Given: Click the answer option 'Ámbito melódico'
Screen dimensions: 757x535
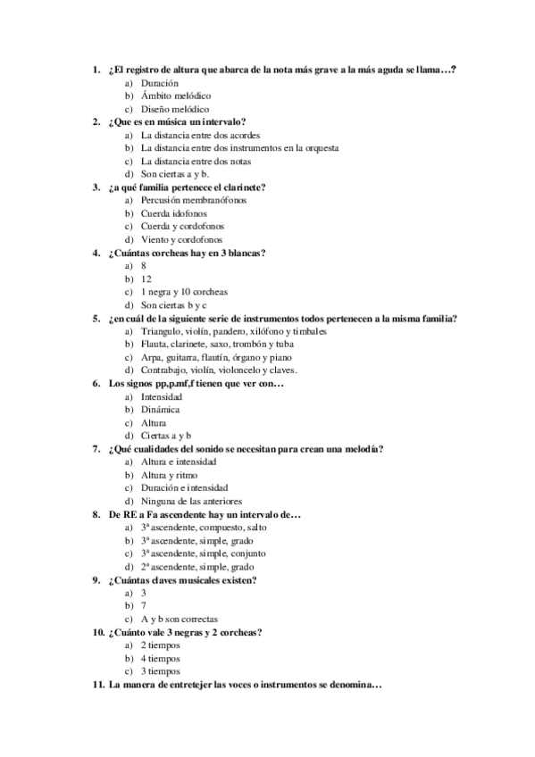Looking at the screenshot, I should (x=175, y=95).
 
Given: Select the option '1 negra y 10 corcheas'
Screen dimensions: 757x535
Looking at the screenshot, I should (x=184, y=292).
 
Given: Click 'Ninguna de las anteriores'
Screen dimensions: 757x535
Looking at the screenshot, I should (x=191, y=502).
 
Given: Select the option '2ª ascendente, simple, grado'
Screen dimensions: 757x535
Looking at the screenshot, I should (x=196, y=567).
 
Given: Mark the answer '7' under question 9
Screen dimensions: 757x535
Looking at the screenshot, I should (x=144, y=606).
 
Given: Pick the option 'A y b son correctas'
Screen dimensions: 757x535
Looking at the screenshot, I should (x=180, y=619).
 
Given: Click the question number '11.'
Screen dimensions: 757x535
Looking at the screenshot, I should (x=98, y=686).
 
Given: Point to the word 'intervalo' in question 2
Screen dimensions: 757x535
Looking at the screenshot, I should (x=222, y=121).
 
